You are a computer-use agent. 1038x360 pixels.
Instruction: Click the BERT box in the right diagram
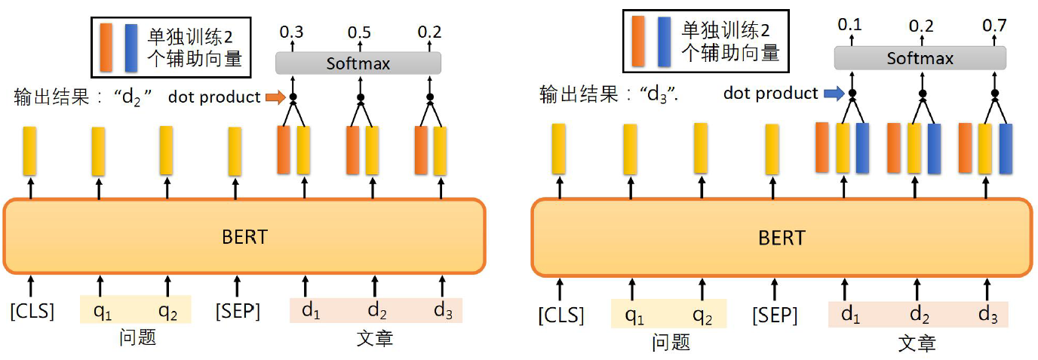(781, 238)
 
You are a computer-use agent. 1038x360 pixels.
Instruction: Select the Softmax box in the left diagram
(358, 63)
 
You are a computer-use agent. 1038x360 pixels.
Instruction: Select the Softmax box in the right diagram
(919, 58)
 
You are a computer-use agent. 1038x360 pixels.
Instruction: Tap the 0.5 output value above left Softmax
(359, 32)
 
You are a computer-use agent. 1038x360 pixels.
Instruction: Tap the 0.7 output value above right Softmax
(993, 26)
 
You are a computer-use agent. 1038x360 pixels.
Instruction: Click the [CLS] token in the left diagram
(32, 310)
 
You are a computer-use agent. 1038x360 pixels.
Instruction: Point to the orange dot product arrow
(276, 97)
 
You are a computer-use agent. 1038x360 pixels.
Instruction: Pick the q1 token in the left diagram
(100, 309)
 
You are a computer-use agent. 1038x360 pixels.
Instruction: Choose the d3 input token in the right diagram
(987, 314)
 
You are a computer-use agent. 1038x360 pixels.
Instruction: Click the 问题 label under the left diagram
(137, 337)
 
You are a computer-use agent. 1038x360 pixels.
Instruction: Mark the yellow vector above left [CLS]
(29, 151)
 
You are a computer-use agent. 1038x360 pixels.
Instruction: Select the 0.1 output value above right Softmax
(849, 26)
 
